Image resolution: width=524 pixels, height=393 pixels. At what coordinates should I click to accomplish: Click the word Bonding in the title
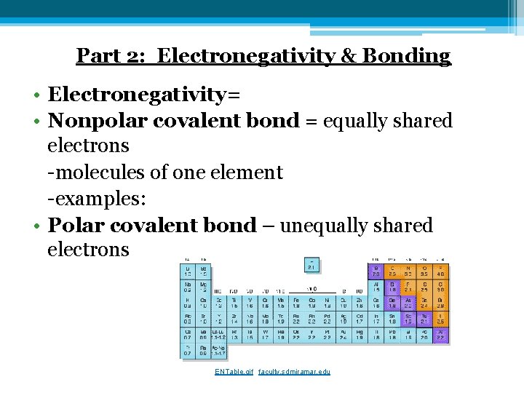[413, 56]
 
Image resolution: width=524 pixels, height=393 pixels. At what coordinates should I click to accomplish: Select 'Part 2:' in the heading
[113, 56]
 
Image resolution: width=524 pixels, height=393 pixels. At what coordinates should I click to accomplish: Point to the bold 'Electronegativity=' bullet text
[144, 95]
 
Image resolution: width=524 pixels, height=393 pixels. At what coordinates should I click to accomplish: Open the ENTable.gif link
[234, 371]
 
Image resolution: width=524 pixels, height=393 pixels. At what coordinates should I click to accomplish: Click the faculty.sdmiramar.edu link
[294, 371]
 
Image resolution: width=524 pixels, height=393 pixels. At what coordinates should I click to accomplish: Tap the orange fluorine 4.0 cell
[440, 271]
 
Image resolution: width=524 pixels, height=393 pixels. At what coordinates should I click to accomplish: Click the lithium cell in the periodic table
[188, 271]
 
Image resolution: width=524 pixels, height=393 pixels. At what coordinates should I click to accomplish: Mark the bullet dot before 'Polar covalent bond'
[36, 226]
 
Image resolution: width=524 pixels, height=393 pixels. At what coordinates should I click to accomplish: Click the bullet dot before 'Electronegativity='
[36, 95]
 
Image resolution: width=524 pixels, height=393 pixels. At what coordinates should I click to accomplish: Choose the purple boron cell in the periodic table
[376, 271]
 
